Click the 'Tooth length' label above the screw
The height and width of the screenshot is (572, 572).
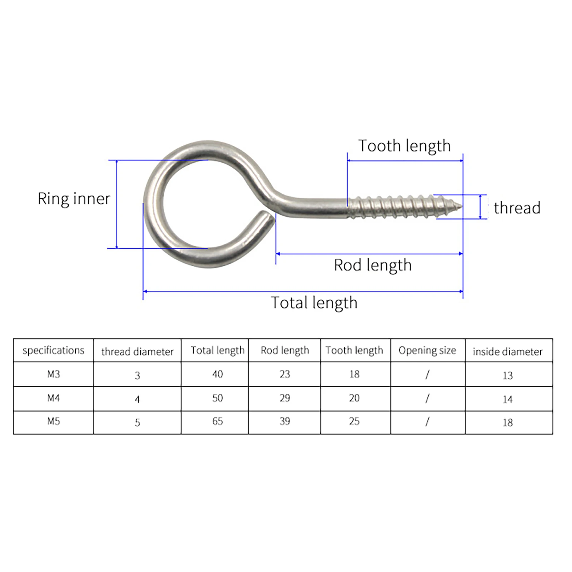coord(404,146)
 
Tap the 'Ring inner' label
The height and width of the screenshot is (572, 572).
coord(74,199)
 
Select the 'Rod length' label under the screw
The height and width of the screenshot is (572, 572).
coord(373,265)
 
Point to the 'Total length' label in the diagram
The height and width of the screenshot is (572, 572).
coord(314,303)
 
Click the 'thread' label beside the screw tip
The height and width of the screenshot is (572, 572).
coord(517,208)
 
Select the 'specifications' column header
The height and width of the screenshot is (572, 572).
coord(54,350)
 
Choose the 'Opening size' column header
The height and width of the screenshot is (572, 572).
coord(427,350)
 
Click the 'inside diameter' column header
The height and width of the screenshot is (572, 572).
coord(508,352)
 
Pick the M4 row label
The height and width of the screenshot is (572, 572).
coord(54,398)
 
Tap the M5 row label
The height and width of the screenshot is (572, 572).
coord(54,422)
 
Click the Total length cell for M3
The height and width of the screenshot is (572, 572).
coord(218,374)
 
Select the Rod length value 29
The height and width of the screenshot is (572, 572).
coord(285,398)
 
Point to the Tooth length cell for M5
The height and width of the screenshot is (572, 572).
coord(354,422)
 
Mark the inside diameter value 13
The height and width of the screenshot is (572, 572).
coord(508,375)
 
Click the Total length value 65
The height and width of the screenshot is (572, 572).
coord(218,422)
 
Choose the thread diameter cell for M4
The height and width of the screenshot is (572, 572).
coord(137,399)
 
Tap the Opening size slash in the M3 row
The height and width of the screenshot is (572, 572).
coord(427,375)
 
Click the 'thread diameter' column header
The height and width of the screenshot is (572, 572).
coord(137,352)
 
